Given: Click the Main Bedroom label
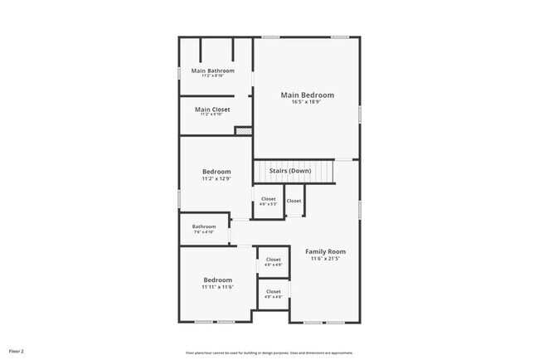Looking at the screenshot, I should [x=307, y=95].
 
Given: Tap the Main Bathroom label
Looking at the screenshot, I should [x=212, y=71].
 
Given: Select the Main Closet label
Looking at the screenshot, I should [x=212, y=109].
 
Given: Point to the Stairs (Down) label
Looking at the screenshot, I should [x=290, y=171].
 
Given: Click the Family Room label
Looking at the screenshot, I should [x=325, y=251].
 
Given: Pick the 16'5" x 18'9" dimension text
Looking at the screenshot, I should [x=307, y=102].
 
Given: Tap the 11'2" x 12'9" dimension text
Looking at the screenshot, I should [x=216, y=178].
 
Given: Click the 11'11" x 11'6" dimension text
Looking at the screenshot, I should [x=217, y=287].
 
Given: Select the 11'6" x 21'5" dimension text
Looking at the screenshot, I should [x=325, y=259].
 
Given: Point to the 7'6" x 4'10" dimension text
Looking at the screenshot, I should [x=204, y=232].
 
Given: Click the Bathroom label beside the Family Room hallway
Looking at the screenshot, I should [x=204, y=226].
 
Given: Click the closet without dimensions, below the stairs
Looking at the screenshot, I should [x=294, y=201].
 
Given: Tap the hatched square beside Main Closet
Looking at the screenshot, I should [x=242, y=129].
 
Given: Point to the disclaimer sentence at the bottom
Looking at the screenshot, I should [x=269, y=352].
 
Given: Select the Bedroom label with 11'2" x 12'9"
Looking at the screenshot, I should [x=216, y=172].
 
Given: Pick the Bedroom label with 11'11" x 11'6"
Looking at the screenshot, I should [x=217, y=280].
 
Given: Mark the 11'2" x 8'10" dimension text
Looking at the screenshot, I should [x=212, y=76].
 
